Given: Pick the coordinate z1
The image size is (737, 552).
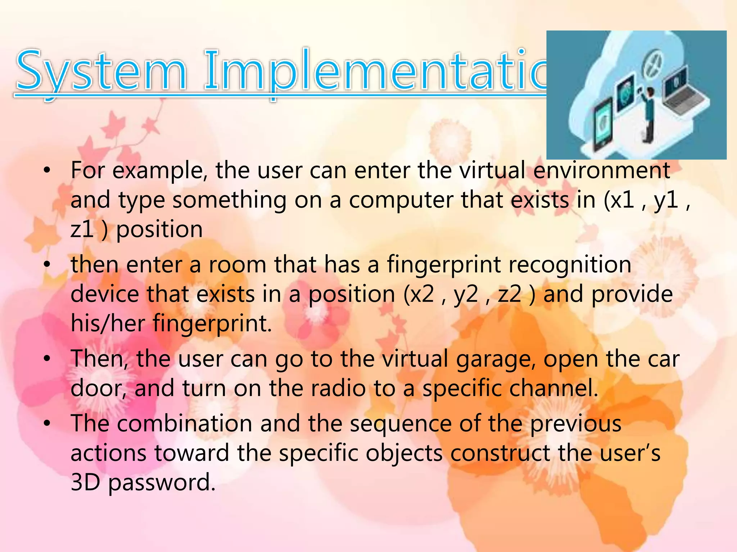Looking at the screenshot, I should click(82, 230).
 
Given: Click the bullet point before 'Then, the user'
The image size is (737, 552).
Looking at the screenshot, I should click(46, 359).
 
